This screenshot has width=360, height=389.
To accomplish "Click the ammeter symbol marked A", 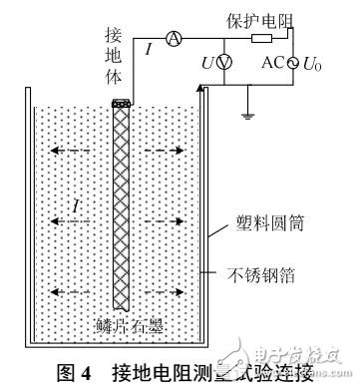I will pos(172,38).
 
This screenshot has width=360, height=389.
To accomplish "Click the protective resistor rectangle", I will pos(262,38).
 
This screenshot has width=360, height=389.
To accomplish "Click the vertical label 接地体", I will pos(113,56).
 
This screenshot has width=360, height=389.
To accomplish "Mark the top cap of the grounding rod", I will pos(122,103).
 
